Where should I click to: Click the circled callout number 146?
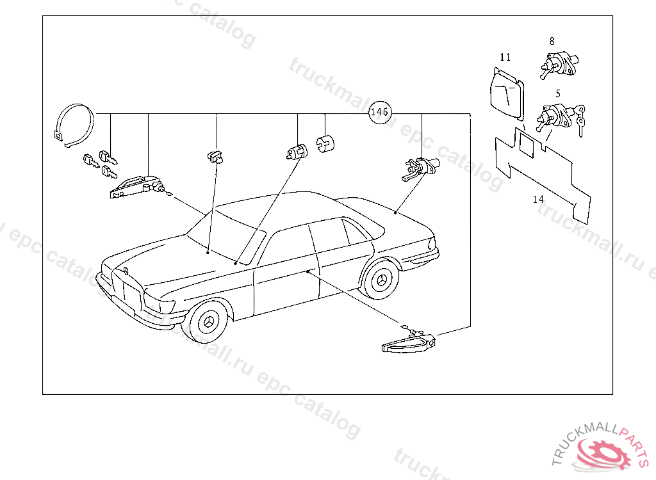(x=379, y=112)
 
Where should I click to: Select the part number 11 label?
(x=505, y=58)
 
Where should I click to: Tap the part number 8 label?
(x=552, y=41)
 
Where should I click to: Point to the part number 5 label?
(x=558, y=93)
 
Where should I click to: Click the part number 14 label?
(x=538, y=200)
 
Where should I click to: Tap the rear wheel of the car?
(x=383, y=279)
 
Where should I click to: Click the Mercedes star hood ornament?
(x=126, y=271)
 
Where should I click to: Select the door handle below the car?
(x=408, y=342)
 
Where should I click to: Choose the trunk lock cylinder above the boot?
(x=419, y=168)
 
